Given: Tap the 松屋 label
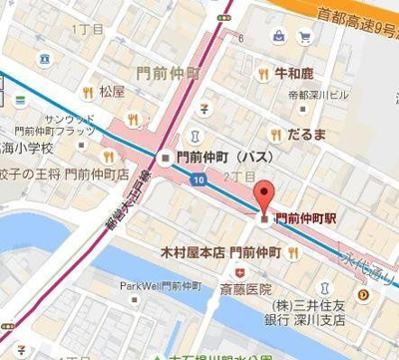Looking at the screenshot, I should pyautogui.click(x=111, y=90).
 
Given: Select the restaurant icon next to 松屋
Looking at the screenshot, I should pyautogui.click(x=89, y=90).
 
